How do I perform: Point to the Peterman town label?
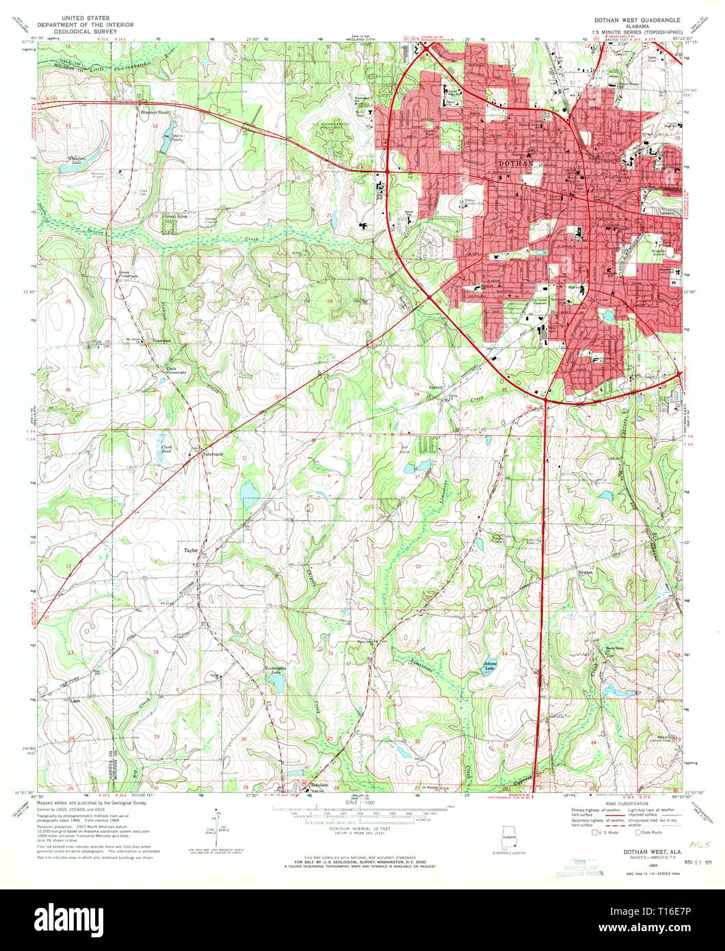point(161,340)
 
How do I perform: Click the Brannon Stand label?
point(155,112)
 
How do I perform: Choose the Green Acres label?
point(176,216)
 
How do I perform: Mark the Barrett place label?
point(436,387)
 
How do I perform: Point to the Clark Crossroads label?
point(176,372)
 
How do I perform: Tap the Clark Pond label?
point(166,450)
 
